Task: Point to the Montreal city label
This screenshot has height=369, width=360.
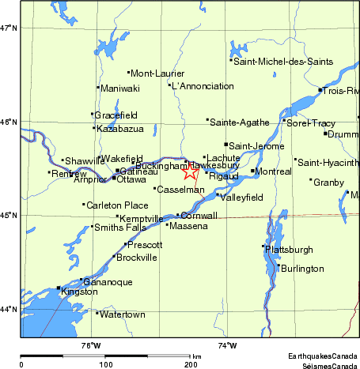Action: click(x=274, y=171)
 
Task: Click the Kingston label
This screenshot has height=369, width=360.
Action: click(x=79, y=292)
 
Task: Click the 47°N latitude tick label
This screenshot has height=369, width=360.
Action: click(x=8, y=28)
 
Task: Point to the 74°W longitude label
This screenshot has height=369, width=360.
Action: click(x=227, y=345)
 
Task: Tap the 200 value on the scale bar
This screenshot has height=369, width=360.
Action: click(x=191, y=364)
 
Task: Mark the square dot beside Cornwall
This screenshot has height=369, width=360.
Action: click(x=178, y=216)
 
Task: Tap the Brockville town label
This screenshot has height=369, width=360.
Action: click(x=137, y=258)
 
